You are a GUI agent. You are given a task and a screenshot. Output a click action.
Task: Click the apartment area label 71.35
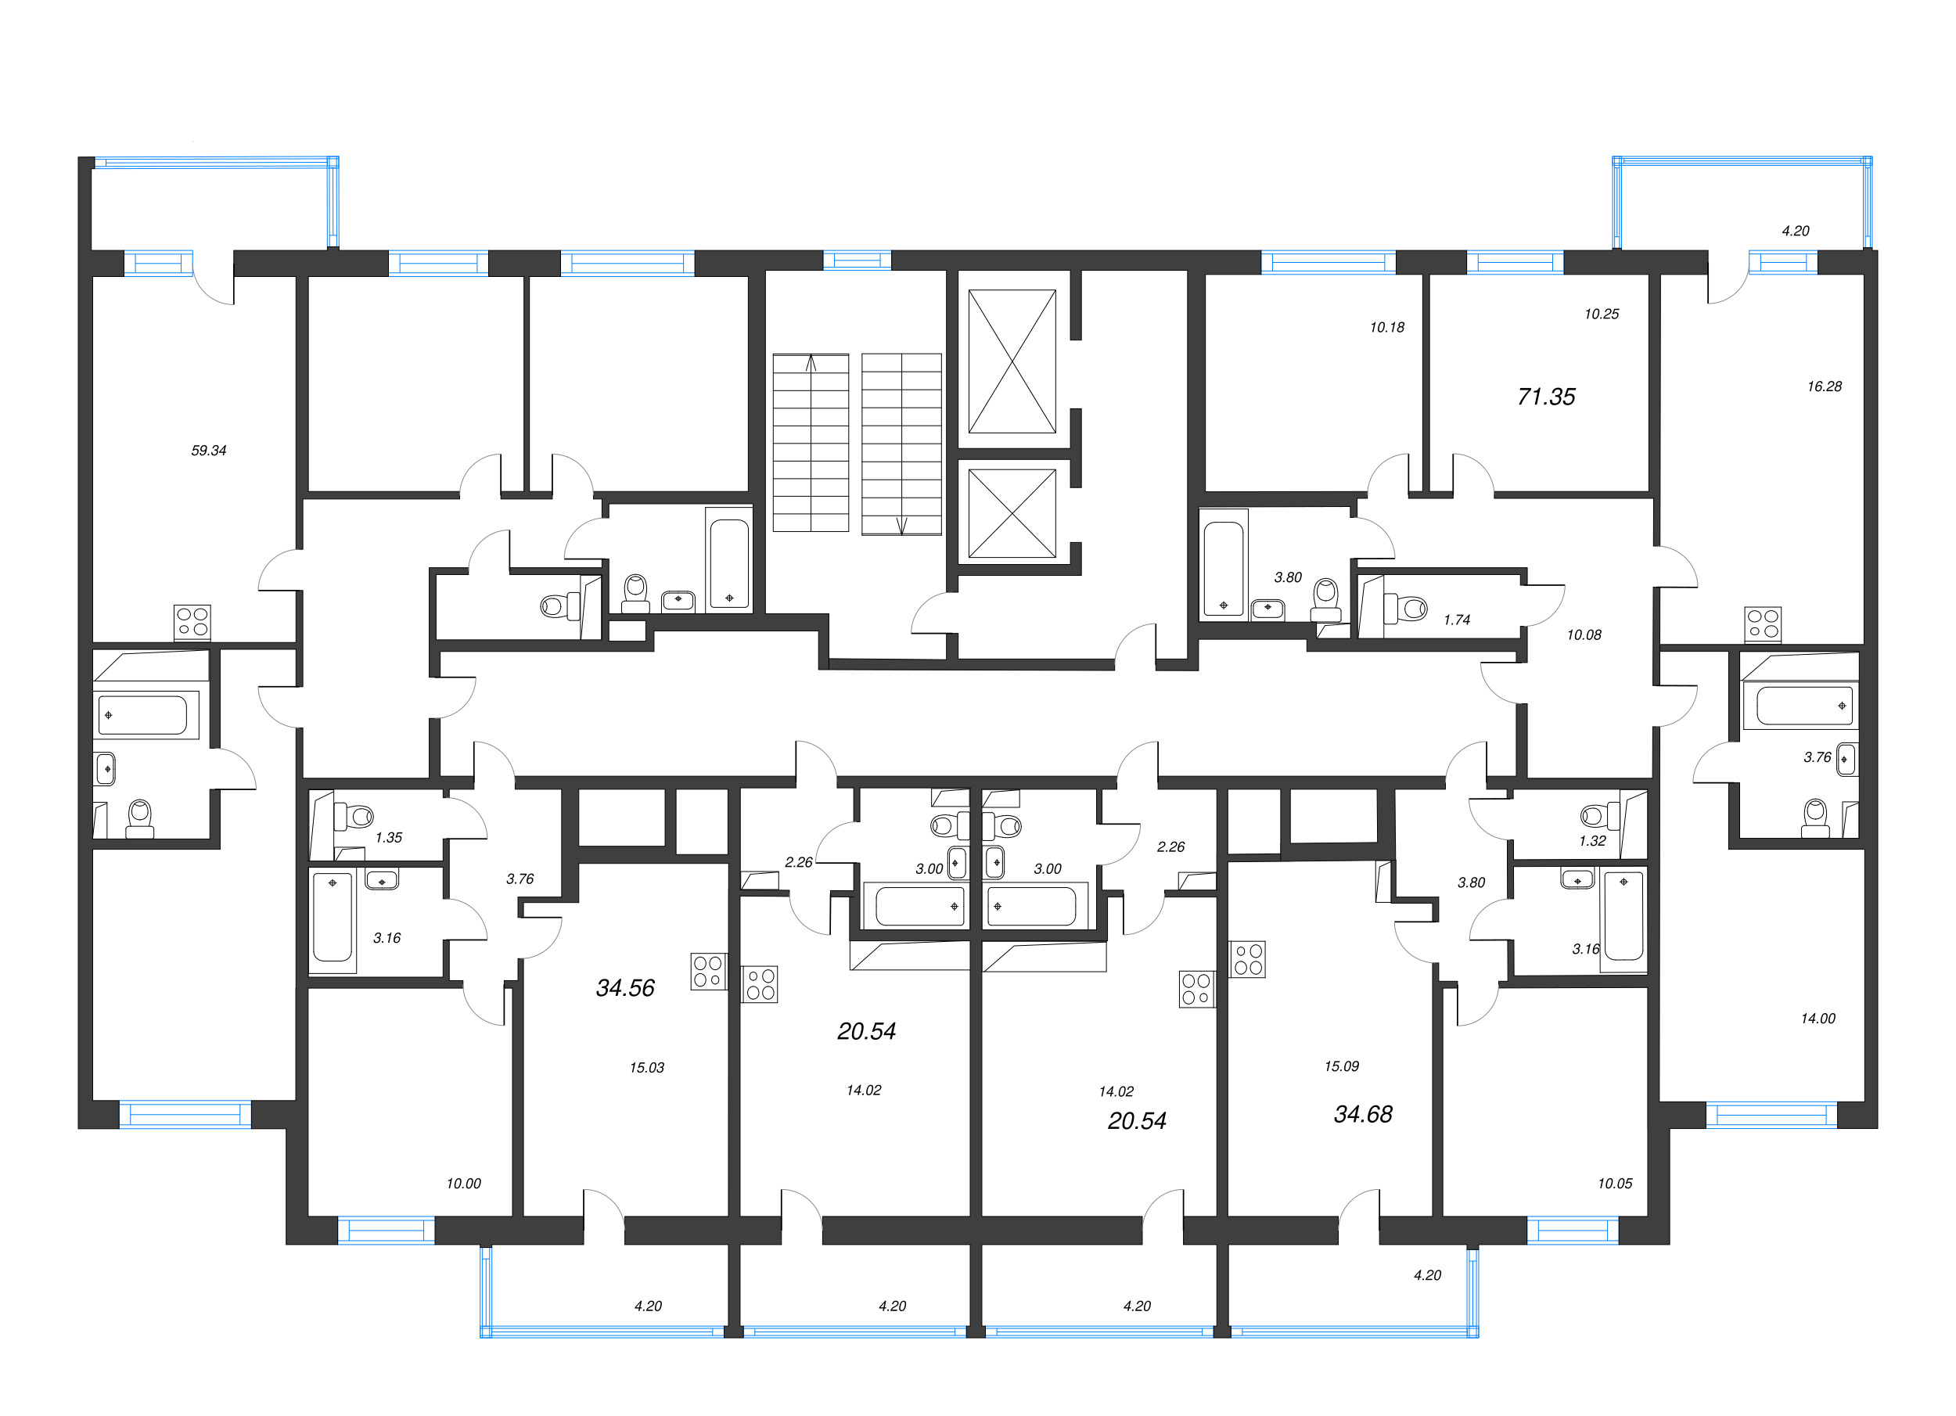point(1545,397)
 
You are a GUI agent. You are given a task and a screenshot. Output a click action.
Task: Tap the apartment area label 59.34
point(209,450)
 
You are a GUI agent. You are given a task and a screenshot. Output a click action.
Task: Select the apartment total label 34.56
point(625,987)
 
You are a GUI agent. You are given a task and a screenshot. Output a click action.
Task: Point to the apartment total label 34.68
point(1363,1114)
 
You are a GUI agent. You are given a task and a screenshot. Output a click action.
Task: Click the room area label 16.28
point(1824,386)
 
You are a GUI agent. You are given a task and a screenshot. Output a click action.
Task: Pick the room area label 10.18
point(1386,327)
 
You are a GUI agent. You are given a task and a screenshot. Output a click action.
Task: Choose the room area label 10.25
point(1602,314)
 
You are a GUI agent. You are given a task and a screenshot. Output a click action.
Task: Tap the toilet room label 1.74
point(1457,619)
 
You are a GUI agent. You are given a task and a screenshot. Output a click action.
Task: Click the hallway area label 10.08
point(1584,634)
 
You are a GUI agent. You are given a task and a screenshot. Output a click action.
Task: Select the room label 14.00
point(1818,1019)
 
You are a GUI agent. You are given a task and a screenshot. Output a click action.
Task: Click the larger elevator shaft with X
point(1012,361)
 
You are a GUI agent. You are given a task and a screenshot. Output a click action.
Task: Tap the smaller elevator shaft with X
point(1012,513)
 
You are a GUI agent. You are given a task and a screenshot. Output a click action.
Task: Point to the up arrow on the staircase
point(811,363)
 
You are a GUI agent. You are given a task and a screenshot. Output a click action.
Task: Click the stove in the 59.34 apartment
point(192,622)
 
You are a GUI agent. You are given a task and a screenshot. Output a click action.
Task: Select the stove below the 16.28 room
point(1763,624)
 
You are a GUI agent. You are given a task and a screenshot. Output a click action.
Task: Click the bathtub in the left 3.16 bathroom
point(332,917)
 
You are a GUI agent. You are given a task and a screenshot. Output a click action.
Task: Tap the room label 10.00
point(463,1183)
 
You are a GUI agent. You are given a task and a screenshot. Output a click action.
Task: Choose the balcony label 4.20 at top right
point(1796,230)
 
